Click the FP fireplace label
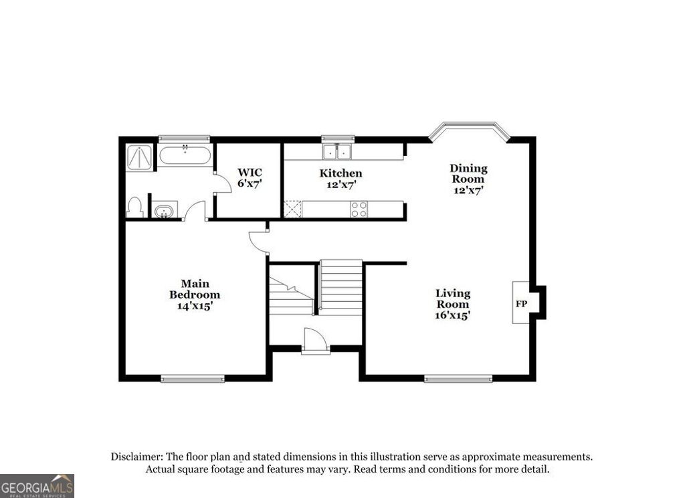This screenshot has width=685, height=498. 521,303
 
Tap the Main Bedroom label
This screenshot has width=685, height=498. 194,289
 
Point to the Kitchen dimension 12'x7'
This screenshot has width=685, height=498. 340,184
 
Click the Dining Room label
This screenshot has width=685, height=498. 468,173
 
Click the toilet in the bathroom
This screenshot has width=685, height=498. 135,207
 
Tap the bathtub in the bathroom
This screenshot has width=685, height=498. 185,156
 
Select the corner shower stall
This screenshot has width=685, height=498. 139,157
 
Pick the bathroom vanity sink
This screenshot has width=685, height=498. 163,212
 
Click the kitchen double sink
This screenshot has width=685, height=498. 338,152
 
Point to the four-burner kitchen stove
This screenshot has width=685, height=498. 359,210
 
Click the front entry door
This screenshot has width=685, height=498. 315,341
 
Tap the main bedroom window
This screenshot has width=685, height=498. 193,380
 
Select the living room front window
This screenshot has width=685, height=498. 458,380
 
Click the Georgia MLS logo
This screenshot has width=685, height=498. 37,485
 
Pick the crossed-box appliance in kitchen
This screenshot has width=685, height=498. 292,210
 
